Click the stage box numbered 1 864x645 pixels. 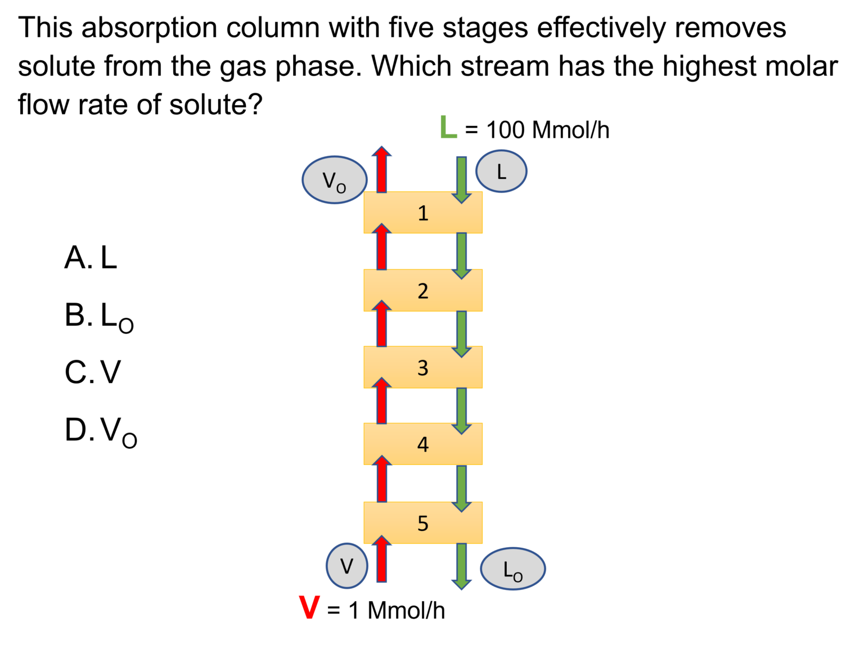pos(423,213)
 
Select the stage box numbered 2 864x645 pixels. pos(423,290)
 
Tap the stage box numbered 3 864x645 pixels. pos(423,367)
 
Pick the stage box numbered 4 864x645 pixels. pos(423,444)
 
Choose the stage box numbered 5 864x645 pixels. pos(423,522)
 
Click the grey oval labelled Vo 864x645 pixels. pos(335,180)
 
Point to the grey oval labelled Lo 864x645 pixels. pos(513,569)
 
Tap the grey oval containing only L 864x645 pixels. pos(501,171)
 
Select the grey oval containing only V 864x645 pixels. pos(347,566)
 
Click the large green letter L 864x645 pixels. pos(448,127)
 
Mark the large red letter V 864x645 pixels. pos(309,608)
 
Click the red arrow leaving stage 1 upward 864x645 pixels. pos(382,170)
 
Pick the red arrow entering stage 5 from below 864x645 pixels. pos(382,560)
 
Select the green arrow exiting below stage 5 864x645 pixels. pos(462,566)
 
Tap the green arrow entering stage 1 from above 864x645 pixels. pos(462,179)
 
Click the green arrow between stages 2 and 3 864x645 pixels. pos(462,333)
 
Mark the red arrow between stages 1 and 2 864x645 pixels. pos(382,247)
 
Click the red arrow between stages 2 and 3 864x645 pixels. pos(382,324)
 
